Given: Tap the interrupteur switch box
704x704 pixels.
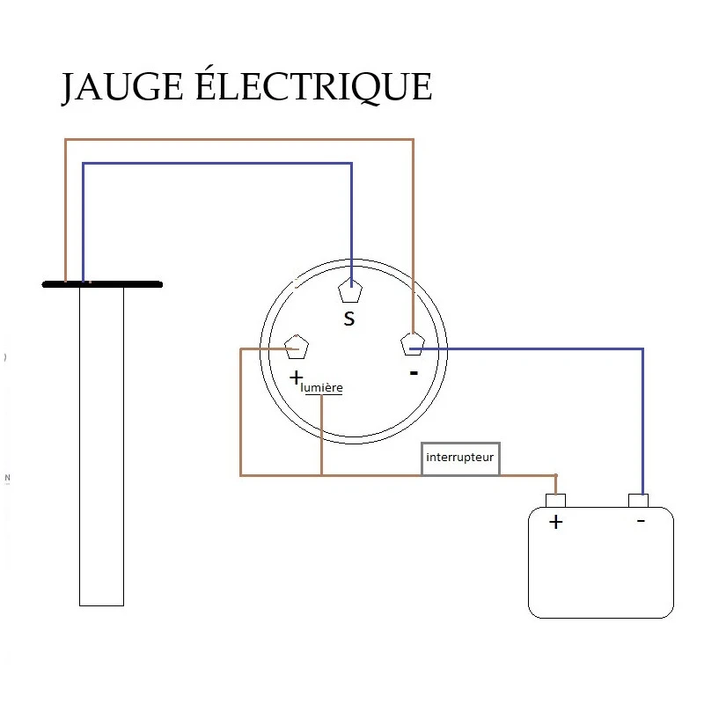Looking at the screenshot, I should (x=460, y=458).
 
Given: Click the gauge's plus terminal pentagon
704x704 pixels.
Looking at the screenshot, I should (x=297, y=348).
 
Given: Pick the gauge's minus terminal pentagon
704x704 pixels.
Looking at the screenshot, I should (x=412, y=344).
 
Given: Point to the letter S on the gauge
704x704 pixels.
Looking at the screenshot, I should (x=349, y=319).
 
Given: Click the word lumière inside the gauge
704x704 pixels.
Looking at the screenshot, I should (x=322, y=387).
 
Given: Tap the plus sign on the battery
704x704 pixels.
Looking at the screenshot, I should (x=555, y=522).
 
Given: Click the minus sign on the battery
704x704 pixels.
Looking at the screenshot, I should (x=640, y=521).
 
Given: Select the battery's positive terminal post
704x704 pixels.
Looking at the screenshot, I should (x=555, y=501).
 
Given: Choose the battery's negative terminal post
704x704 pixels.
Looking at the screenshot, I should (x=639, y=501).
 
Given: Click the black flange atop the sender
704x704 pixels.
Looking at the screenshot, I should (x=102, y=284).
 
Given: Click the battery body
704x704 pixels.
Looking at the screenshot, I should (x=601, y=572).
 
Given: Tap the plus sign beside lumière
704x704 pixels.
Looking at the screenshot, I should (x=296, y=379).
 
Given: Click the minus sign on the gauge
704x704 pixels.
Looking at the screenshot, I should (x=414, y=373).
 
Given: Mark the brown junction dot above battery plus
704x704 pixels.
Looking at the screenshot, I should (x=555, y=476).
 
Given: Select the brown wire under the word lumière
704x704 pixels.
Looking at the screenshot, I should (x=322, y=436).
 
